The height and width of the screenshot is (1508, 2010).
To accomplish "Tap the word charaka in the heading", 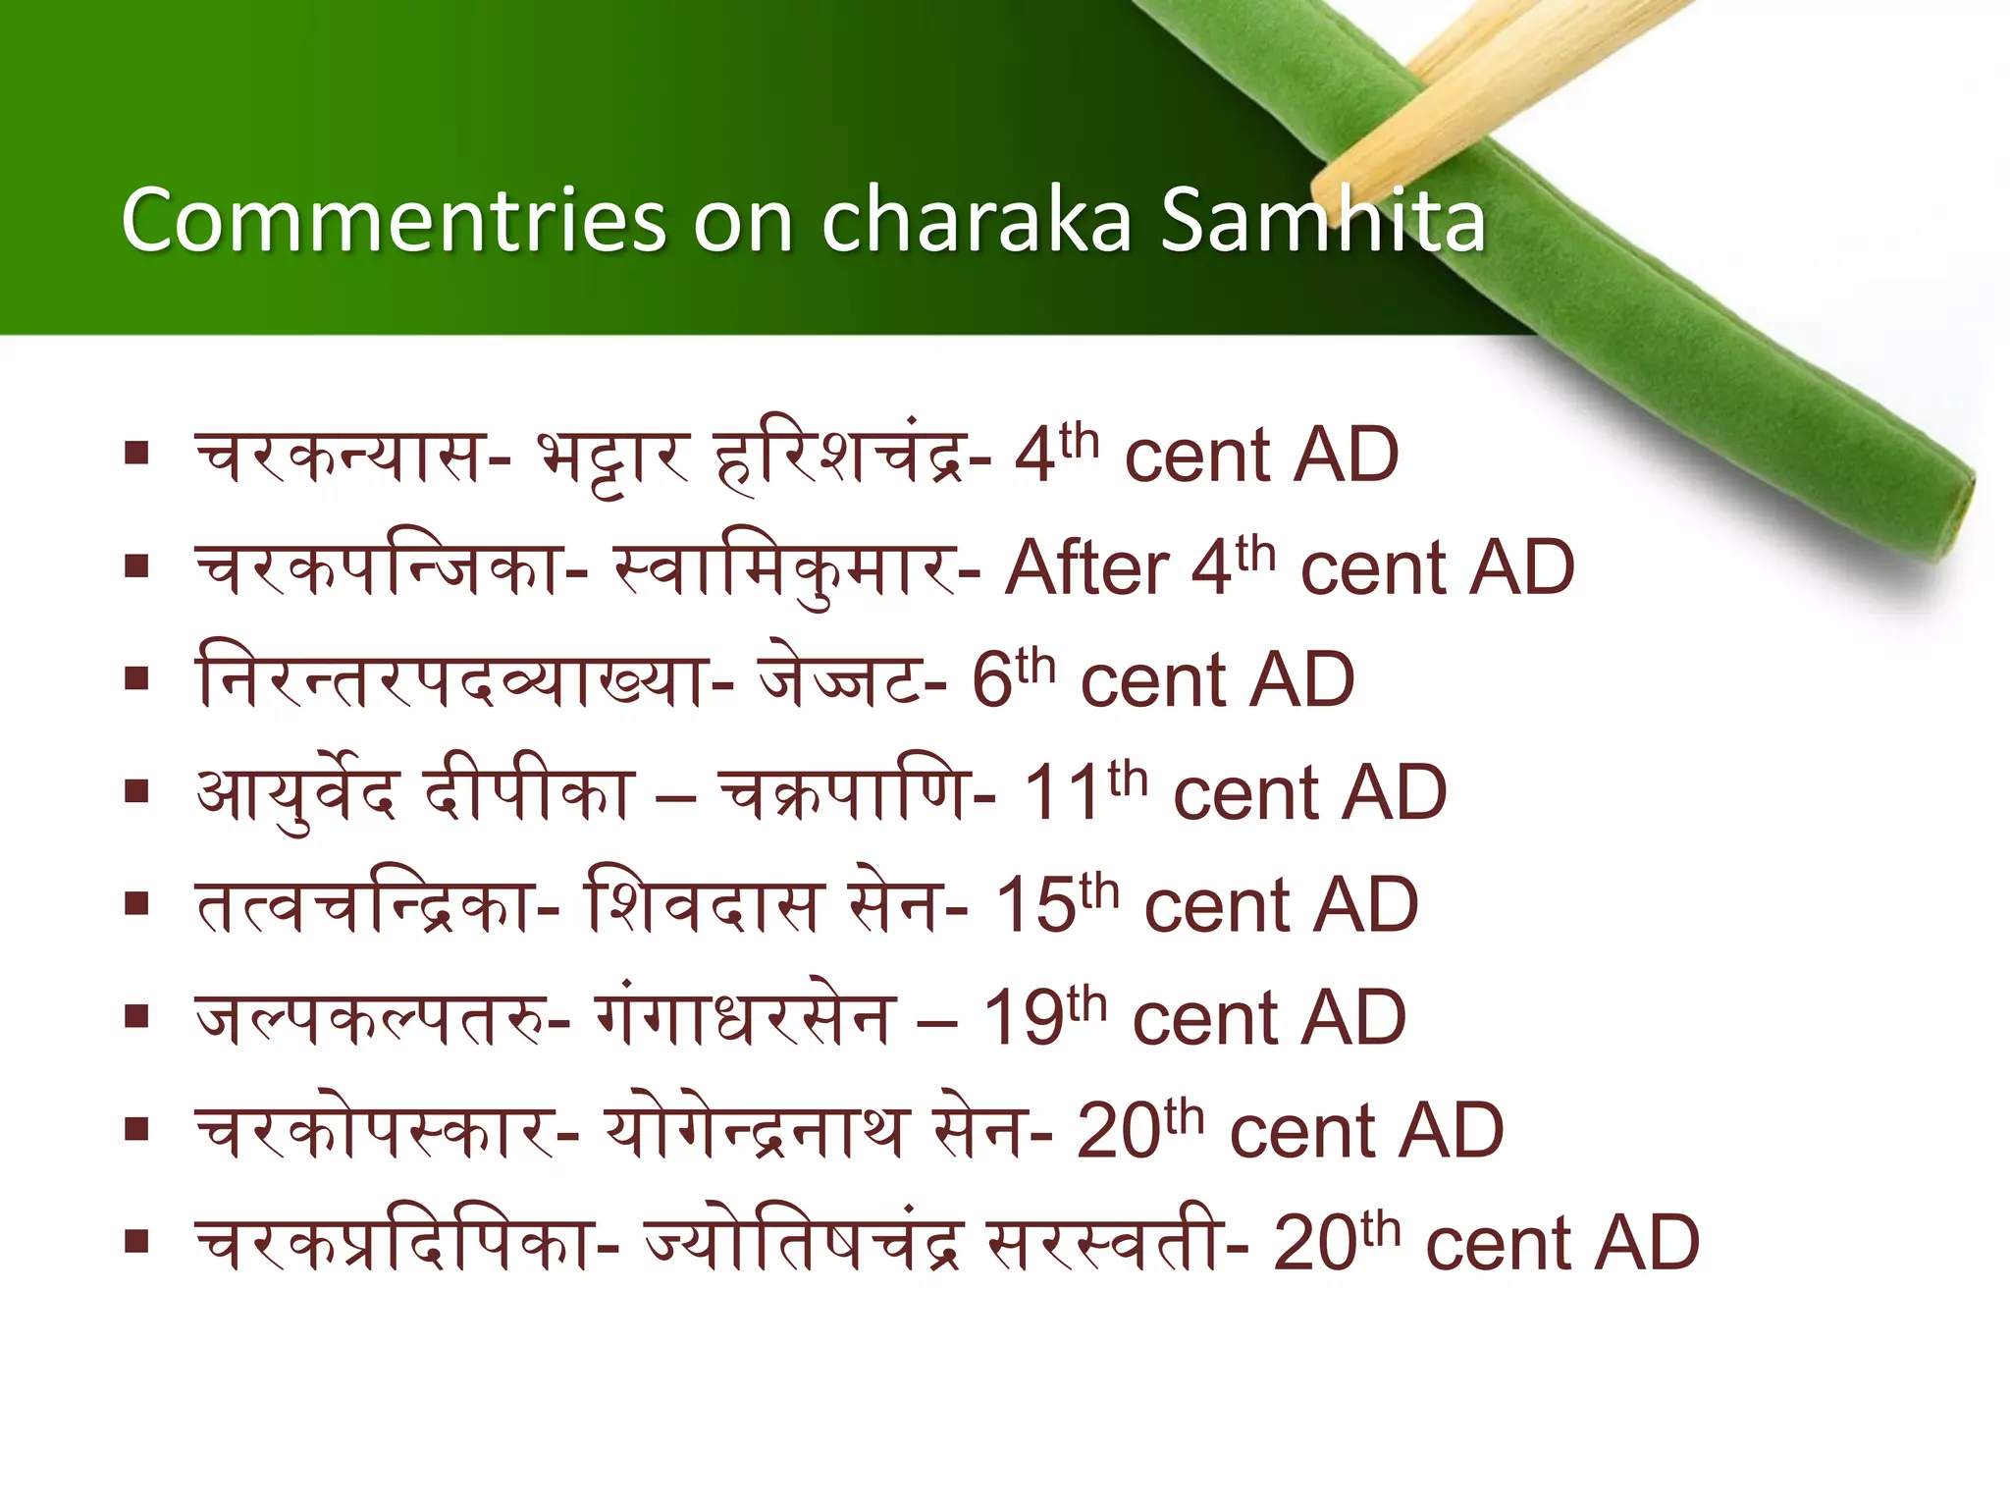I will coord(976,220).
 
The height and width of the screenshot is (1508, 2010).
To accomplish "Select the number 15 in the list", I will coord(1034,905).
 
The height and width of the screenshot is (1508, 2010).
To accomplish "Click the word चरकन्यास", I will coord(340,458).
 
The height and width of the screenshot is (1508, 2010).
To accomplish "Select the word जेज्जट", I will coord(840,681).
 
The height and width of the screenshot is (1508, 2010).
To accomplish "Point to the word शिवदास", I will coord(701,905).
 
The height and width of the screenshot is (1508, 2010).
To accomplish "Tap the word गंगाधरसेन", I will coord(746,1019).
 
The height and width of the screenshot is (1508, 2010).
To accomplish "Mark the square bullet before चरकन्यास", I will coord(136,454).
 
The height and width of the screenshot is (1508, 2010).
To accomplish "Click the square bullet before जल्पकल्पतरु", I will coord(136,1016).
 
